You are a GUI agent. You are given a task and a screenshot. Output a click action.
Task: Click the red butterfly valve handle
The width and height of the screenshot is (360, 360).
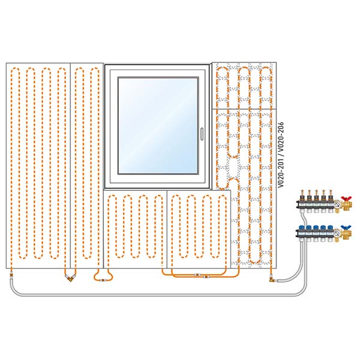click(346, 199)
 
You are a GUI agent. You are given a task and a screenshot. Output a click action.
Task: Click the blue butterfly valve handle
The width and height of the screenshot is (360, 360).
click(346, 227)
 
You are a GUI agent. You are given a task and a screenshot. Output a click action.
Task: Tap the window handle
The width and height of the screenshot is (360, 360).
click(202, 134)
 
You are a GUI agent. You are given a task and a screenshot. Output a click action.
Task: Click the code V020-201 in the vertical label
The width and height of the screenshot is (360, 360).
click(281, 171)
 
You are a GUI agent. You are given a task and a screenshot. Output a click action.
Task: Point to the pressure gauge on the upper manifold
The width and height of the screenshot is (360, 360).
click(337, 204)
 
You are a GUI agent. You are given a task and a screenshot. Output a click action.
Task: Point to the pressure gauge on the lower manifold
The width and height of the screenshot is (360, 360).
click(337, 233)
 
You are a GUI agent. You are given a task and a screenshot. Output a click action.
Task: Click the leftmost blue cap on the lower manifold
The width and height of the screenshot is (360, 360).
click(301, 227)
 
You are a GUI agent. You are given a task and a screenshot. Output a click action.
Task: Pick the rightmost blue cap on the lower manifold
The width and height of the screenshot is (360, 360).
click(330, 227)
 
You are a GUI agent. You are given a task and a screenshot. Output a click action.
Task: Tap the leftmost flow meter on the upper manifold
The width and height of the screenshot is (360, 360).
click(302, 195)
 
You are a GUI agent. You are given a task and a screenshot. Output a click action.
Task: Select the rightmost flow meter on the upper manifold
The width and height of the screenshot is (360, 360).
click(331, 195)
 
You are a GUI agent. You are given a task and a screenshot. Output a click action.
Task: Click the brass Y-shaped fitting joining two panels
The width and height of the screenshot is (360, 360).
click(70, 278)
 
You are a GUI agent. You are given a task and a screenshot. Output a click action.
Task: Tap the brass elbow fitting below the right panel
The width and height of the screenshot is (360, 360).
click(272, 280)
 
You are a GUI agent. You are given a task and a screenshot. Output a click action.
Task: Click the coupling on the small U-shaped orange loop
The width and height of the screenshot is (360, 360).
click(103, 280)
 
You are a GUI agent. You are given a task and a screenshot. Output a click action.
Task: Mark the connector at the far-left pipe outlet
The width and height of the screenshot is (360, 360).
click(11, 274)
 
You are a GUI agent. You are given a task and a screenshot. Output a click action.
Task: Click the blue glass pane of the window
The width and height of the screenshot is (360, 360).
click(158, 125)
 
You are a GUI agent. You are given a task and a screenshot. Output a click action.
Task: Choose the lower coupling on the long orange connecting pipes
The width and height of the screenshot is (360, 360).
click(206, 277)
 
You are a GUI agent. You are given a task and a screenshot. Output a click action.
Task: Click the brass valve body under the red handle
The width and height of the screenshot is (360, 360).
click(346, 205)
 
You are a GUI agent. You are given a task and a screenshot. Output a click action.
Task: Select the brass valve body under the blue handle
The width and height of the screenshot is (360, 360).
click(346, 234)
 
